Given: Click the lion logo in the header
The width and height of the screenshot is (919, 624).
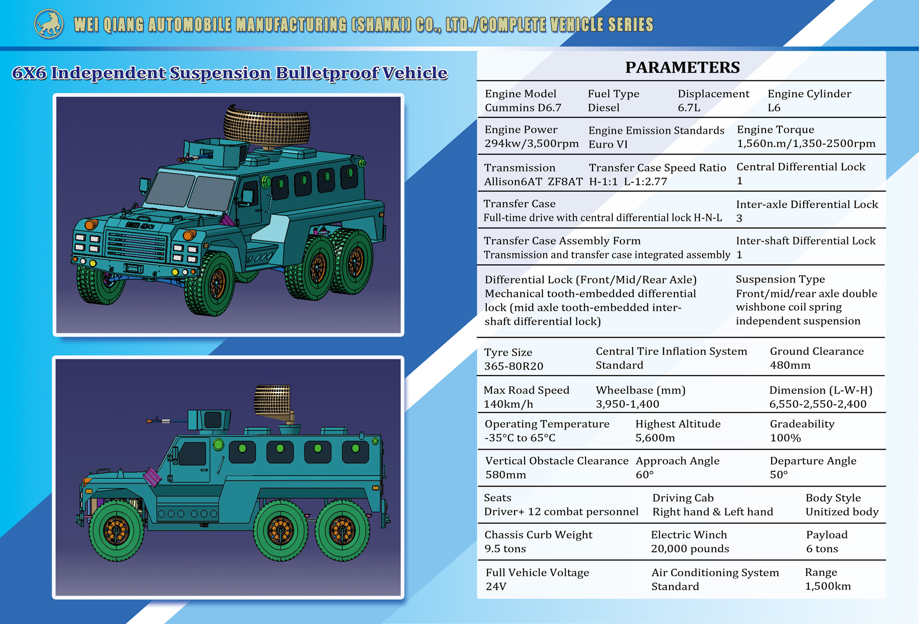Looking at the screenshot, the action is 49,24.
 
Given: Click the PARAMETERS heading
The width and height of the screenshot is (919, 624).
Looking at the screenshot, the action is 683,68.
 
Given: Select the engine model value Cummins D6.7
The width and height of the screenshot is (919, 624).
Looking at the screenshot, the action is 523,108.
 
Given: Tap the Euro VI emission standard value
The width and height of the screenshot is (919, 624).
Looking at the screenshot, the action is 608,145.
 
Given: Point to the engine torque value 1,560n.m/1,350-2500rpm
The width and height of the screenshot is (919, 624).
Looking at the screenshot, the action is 806,144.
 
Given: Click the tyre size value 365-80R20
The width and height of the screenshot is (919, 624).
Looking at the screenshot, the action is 514,366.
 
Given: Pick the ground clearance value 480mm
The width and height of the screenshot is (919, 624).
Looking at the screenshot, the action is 790,365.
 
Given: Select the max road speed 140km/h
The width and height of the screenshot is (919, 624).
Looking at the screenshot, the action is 508,404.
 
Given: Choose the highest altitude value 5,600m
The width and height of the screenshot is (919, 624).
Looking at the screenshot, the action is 655,438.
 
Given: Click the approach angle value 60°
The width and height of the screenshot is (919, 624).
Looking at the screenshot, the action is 644,475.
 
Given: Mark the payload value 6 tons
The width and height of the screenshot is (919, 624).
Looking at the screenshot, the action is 822,549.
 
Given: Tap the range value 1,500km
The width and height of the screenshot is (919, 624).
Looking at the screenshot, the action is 828,586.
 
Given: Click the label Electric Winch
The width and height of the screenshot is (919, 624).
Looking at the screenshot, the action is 689,535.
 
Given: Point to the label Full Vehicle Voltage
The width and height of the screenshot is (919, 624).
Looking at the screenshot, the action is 538,573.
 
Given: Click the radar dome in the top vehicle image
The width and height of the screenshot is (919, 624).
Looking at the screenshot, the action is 267,125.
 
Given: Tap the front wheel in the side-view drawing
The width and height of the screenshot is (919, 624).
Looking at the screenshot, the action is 116,531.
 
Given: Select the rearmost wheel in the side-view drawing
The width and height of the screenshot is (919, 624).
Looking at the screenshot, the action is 342,531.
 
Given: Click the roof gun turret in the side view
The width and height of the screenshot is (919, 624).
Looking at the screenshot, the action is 208,420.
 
